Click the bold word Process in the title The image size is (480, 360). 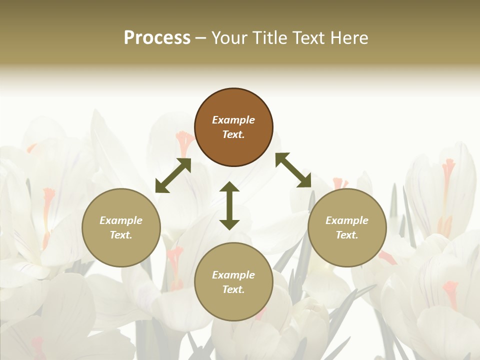click(157, 38)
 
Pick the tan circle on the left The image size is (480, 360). click(121, 227)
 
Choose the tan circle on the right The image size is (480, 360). click(346, 227)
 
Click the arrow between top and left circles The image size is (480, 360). click(173, 175)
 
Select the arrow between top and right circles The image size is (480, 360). click(293, 170)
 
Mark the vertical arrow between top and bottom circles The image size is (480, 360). click(229, 205)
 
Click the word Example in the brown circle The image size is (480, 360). click(233, 120)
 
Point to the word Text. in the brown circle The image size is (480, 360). click(233, 134)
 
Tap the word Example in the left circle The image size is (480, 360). click(121, 220)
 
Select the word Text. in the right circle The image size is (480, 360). click(346, 235)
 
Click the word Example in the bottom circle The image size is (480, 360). click(233, 275)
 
